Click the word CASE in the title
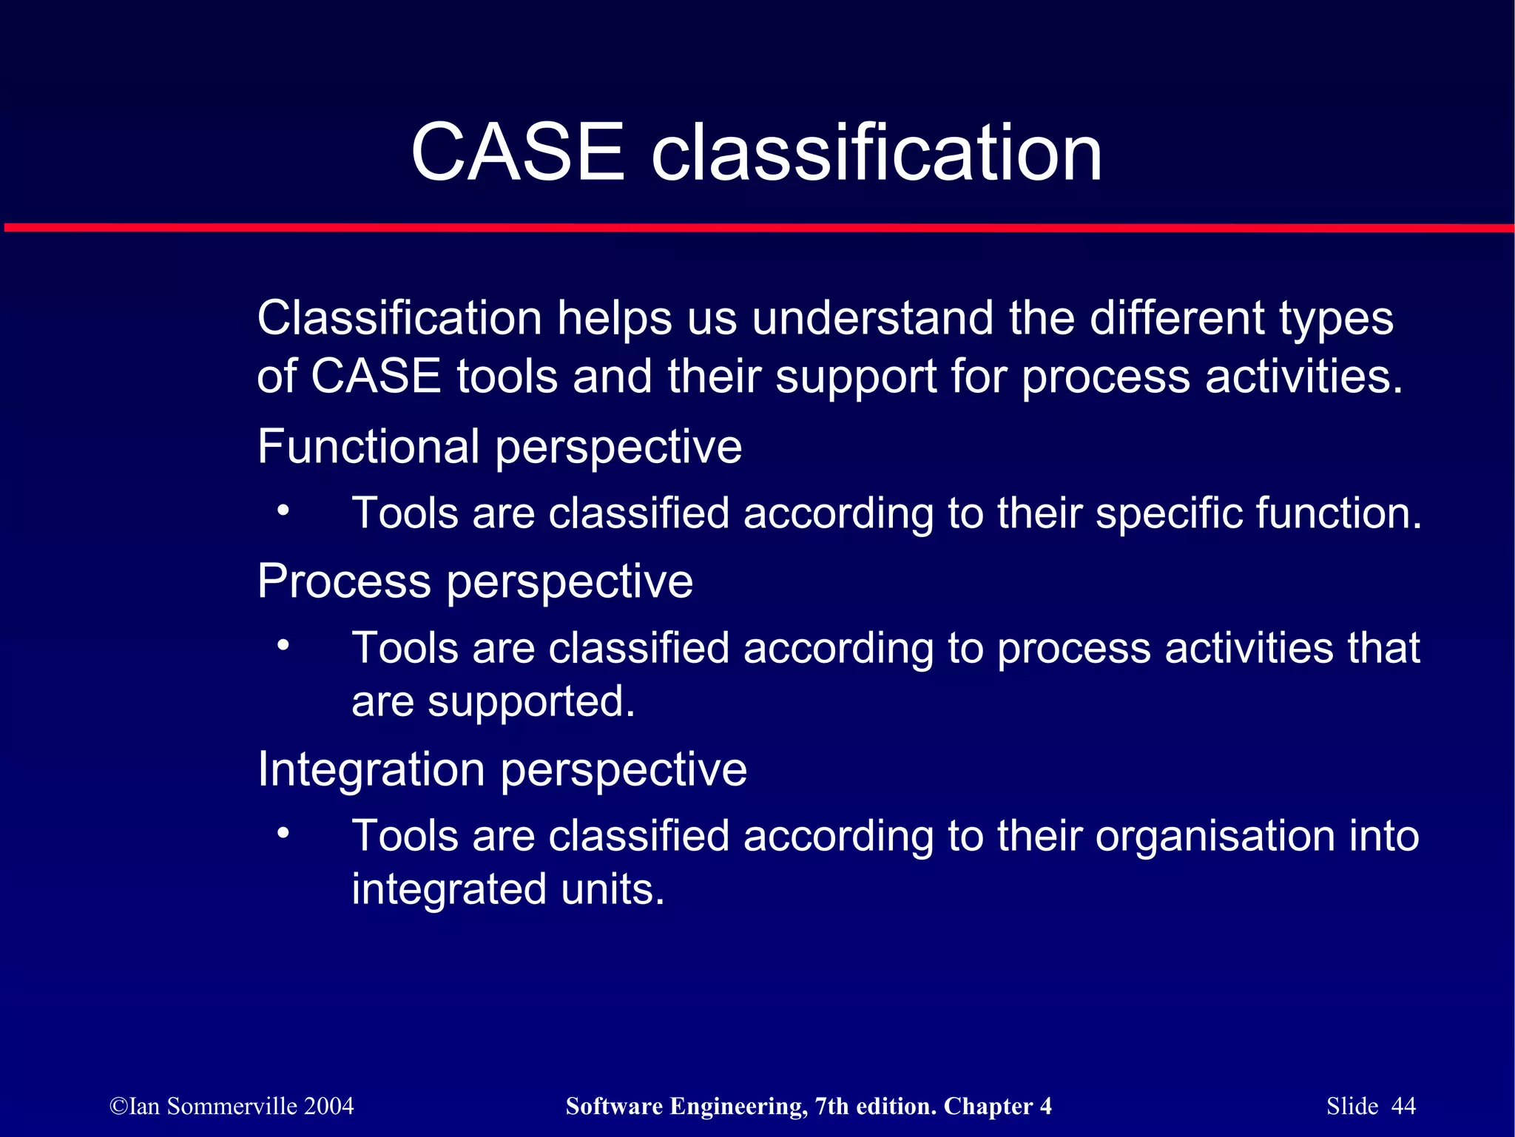[518, 152]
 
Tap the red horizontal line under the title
[757, 227]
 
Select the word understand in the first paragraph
[873, 318]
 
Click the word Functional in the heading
[368, 447]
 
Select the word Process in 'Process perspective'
[344, 581]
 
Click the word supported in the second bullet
[531, 702]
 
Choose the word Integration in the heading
[371, 769]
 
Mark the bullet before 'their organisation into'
[283, 833]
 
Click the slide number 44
[1403, 1106]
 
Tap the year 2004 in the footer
[328, 1106]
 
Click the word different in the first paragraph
[1177, 318]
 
